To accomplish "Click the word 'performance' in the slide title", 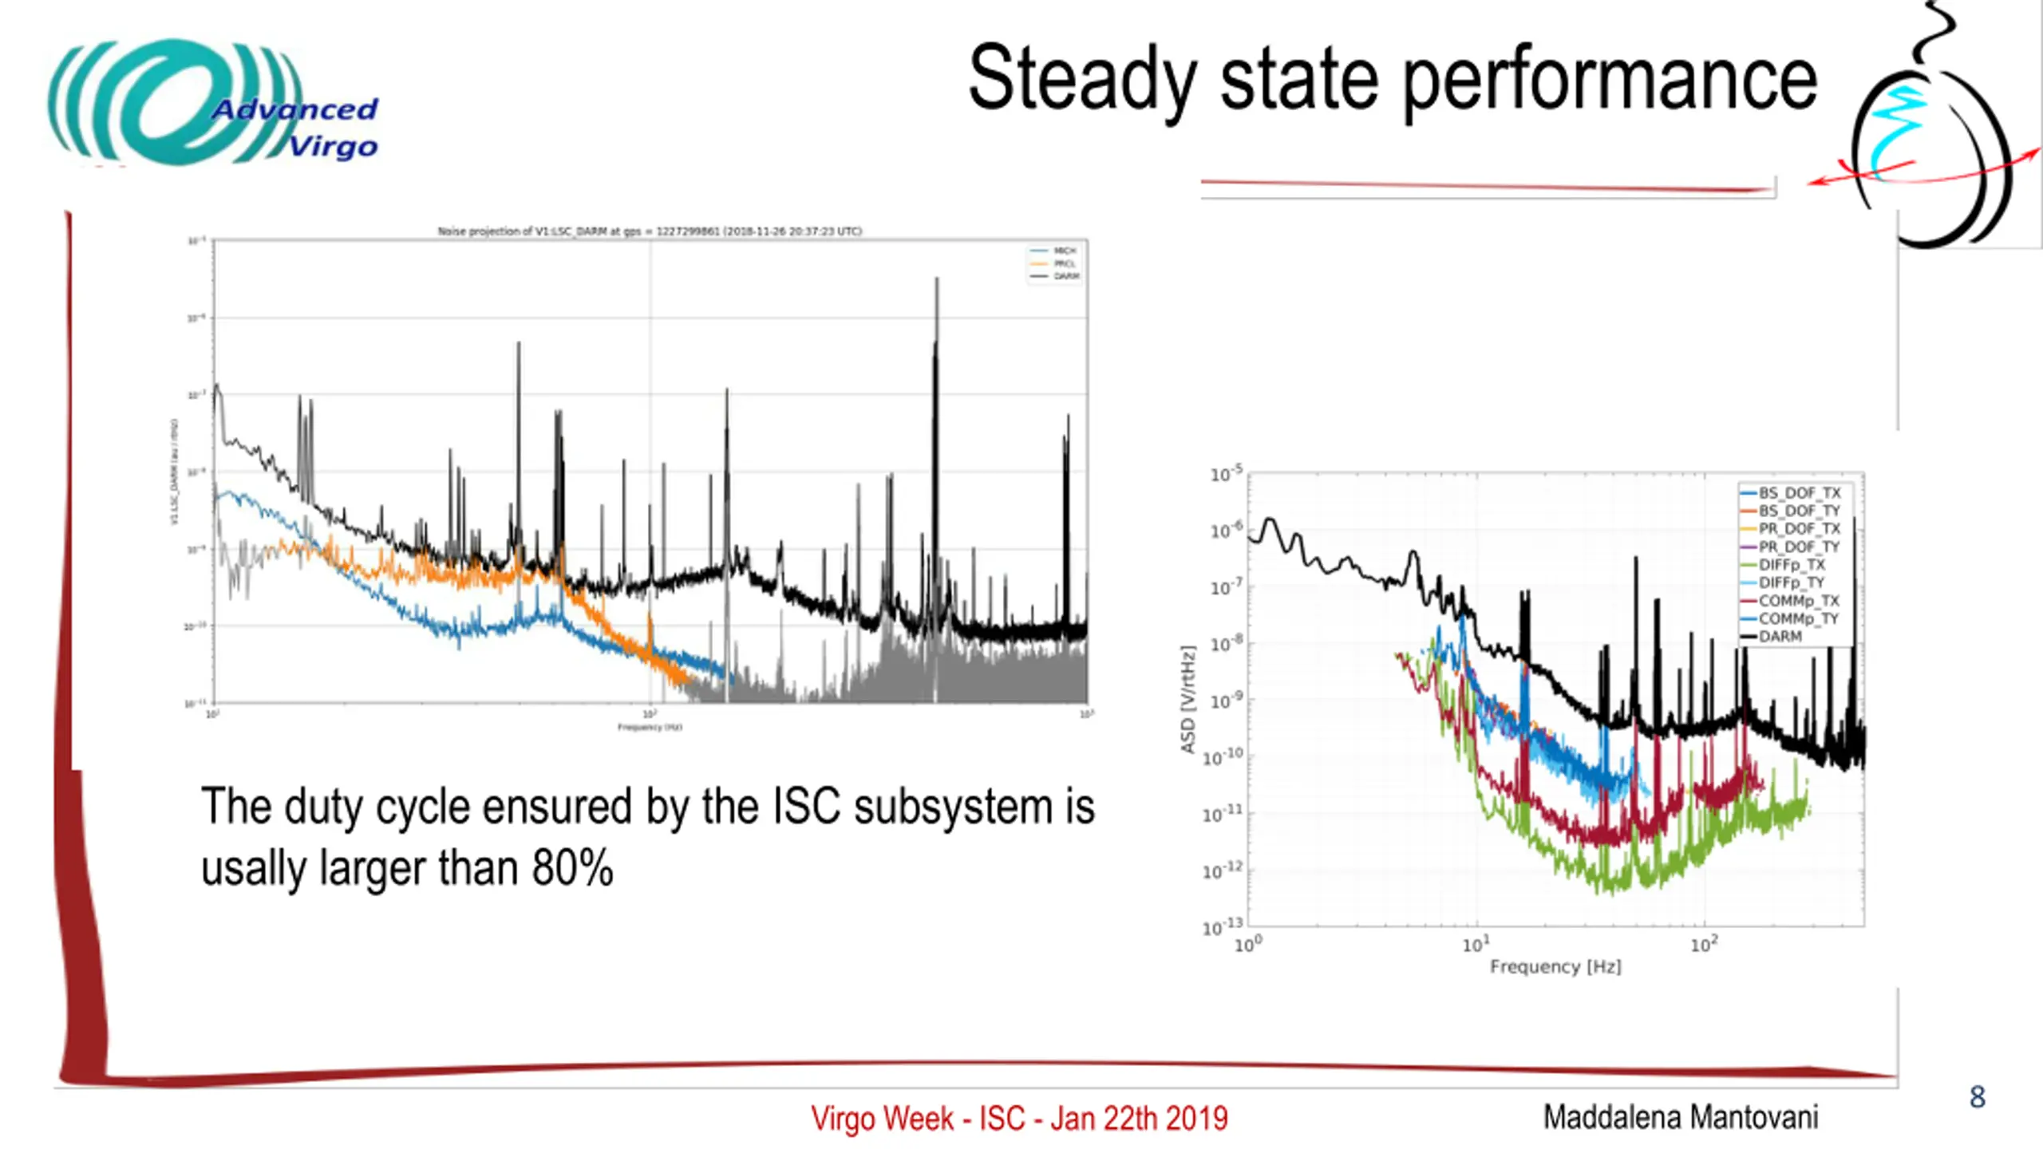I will click(1610, 80).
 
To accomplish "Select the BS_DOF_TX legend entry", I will click(1799, 493).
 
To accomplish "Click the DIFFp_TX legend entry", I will click(1792, 565).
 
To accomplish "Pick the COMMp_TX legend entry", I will click(1799, 601).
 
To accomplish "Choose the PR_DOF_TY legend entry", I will click(1799, 547).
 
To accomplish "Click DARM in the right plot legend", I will click(1780, 637).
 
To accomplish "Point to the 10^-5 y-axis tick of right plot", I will click(1226, 475).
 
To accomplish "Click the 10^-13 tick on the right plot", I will click(1223, 927).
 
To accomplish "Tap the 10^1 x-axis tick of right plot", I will click(1476, 945).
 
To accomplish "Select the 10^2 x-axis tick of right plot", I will click(1703, 945).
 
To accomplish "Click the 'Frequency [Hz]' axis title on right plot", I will click(1555, 967).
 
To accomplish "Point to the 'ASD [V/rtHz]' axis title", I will click(1188, 699).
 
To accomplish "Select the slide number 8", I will click(1977, 1097).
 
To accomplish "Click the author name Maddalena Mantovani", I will click(1680, 1117).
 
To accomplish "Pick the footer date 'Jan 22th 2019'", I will click(1139, 1119).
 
